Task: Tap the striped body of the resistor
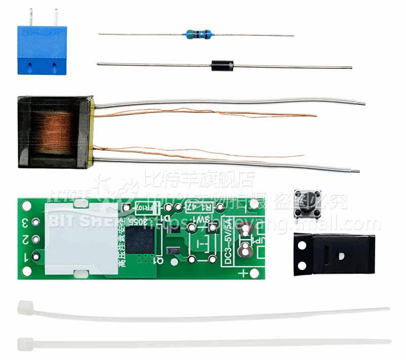coord(198,34)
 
